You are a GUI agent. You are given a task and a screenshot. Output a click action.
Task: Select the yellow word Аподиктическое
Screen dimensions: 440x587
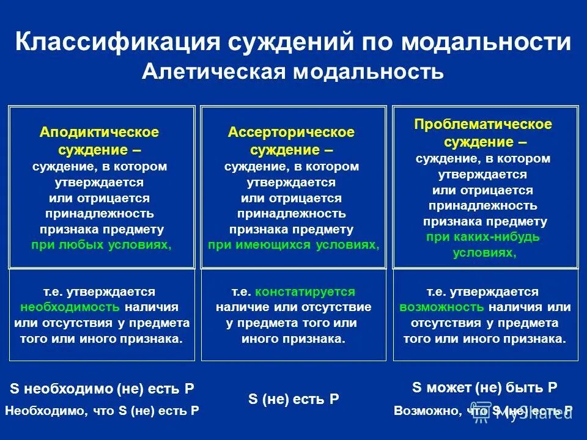(x=100, y=132)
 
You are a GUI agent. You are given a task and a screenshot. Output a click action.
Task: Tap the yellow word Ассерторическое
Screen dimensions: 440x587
(x=291, y=132)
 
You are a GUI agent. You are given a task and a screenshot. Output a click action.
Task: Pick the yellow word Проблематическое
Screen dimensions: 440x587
(x=483, y=125)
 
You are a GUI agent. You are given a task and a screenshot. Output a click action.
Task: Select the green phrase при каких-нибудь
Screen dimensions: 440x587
(x=483, y=237)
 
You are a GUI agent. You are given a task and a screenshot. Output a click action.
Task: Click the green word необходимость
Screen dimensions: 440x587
(x=70, y=307)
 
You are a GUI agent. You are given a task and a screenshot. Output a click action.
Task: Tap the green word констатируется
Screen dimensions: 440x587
(x=305, y=291)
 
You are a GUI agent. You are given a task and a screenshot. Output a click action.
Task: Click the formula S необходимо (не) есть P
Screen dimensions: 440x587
(x=102, y=389)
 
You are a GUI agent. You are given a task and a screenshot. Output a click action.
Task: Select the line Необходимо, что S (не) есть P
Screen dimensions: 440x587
(x=102, y=411)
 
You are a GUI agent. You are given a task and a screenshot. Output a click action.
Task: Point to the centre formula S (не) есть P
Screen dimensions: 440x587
(x=293, y=399)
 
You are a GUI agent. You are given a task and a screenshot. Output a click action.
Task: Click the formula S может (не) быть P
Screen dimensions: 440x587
(x=485, y=387)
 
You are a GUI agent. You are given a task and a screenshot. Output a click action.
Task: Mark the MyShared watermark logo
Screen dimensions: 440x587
(x=526, y=413)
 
